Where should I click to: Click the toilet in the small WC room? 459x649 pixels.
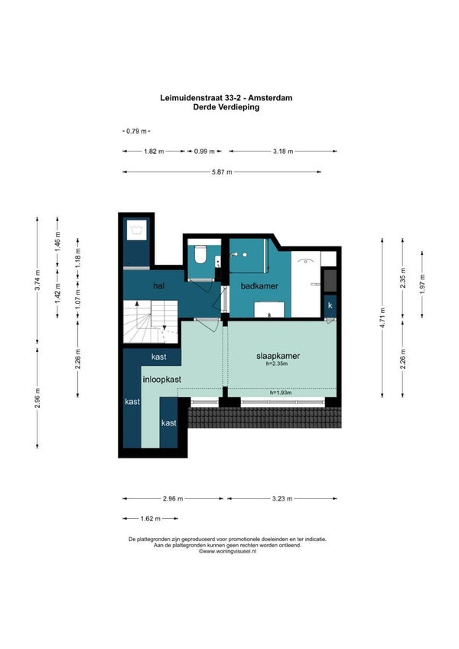point(200,254)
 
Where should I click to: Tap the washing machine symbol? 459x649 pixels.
point(137,230)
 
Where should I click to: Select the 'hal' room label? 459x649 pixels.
point(158,285)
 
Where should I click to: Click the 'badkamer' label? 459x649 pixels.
point(259,286)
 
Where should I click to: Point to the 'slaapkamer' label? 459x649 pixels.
point(278,356)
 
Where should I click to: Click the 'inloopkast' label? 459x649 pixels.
point(162,380)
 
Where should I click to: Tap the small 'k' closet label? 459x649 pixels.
point(330,305)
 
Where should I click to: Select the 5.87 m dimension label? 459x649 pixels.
point(222,171)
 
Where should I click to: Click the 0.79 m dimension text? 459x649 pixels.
point(137,131)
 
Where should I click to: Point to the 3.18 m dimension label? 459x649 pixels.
point(283,152)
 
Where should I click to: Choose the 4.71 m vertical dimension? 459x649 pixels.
point(382,318)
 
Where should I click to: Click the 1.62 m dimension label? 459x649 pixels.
point(150,518)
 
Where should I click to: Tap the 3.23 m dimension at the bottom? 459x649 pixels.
point(282,499)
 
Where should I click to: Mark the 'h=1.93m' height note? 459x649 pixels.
point(281,393)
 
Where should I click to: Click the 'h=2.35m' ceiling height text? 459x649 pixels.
point(277,364)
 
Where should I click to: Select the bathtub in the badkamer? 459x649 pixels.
point(306,283)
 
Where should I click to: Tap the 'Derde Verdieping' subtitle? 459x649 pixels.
point(226,107)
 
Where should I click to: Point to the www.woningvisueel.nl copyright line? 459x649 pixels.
point(227,551)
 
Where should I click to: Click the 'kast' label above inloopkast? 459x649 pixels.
point(159,357)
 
